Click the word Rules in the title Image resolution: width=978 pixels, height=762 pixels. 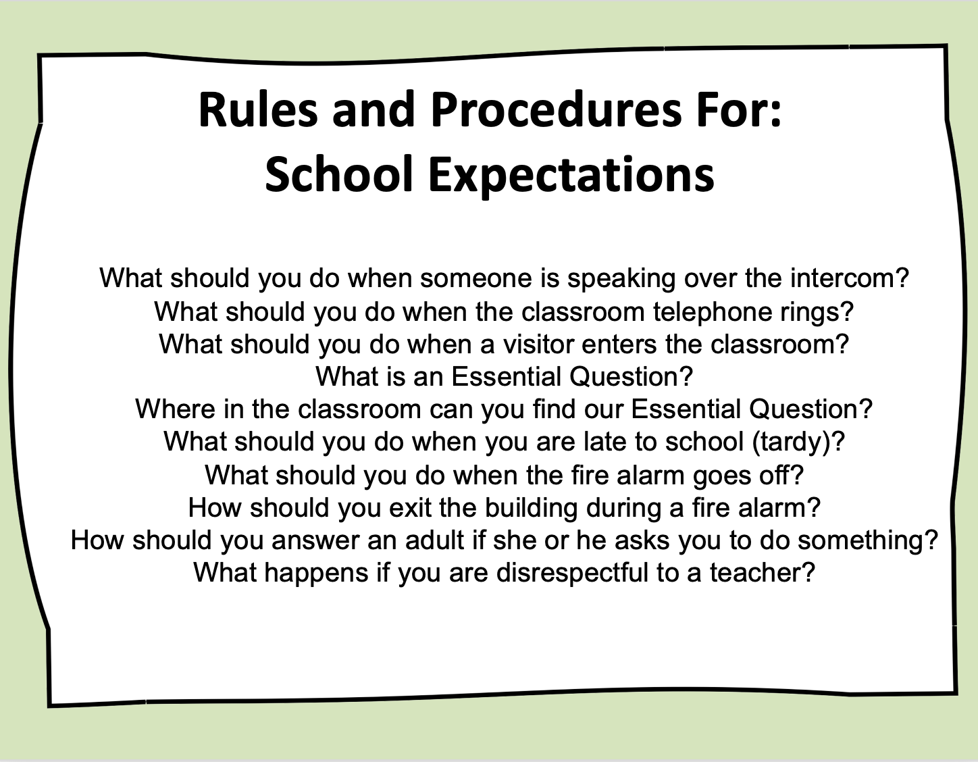pos(258,110)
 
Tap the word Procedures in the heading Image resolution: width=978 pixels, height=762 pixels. pos(557,110)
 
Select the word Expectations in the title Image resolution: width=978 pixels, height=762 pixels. pos(571,175)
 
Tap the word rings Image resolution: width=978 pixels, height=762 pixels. pos(810,311)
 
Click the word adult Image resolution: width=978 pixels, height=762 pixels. pos(434,540)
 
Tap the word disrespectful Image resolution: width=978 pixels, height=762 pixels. pos(572,573)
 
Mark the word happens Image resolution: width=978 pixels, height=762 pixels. pos(316,573)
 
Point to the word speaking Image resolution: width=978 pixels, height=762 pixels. pos(621,278)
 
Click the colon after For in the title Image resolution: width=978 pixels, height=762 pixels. pos(775,116)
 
